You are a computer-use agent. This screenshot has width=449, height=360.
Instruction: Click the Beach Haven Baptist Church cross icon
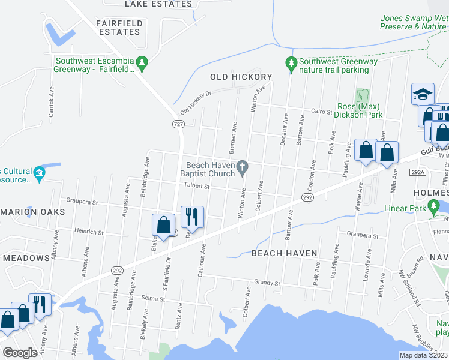243,169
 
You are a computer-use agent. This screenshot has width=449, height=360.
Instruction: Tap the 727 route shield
178,124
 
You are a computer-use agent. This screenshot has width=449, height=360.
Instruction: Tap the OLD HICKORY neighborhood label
241,77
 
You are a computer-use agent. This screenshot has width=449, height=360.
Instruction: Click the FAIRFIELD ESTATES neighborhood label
120,28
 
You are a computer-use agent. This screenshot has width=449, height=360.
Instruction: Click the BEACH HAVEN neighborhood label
284,253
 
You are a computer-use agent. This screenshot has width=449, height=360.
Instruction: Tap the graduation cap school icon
423,94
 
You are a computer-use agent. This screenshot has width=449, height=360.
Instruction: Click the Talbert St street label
196,187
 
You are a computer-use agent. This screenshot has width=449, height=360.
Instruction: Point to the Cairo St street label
322,112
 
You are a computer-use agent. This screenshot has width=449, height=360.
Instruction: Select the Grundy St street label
267,282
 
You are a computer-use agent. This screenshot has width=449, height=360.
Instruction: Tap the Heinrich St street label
89,232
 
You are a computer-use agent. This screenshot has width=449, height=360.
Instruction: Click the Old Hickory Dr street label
196,103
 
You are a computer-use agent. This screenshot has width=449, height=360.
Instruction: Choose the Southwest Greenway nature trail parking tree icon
291,62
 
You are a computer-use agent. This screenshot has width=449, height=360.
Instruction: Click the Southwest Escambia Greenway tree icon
142,62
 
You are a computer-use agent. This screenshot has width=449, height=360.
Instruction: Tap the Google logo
20,353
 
